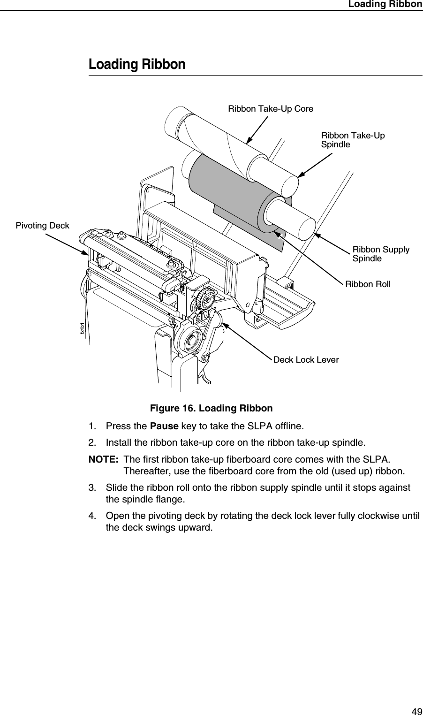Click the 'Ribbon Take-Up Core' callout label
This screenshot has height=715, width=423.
click(271, 109)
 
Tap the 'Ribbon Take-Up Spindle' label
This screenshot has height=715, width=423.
click(352, 140)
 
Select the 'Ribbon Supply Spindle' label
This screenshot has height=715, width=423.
click(380, 254)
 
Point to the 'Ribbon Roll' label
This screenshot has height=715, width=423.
click(368, 284)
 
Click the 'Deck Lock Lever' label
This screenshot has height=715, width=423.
click(306, 360)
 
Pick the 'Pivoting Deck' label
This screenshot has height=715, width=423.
click(42, 226)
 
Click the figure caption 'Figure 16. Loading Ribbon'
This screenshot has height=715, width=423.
click(211, 408)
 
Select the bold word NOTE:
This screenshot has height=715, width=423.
click(104, 458)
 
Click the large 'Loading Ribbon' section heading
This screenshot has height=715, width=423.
click(137, 64)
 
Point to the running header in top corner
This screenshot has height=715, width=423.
click(385, 4)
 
